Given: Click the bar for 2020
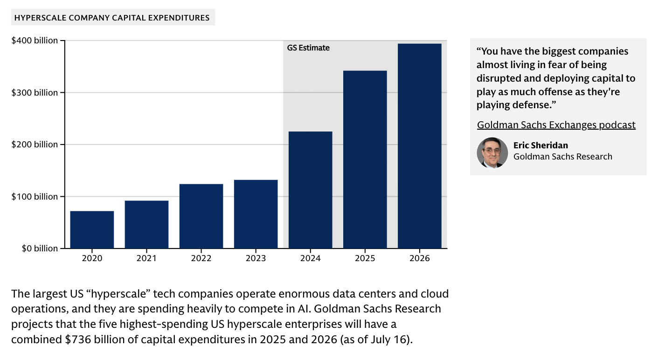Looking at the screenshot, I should pyautogui.click(x=92, y=229).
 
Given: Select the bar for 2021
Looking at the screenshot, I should pyautogui.click(x=146, y=224).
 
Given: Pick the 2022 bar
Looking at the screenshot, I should pyautogui.click(x=201, y=216).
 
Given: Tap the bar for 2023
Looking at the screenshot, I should pyautogui.click(x=256, y=214).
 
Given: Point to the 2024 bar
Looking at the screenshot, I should pyautogui.click(x=310, y=190).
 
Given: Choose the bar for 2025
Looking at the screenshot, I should pyautogui.click(x=365, y=159).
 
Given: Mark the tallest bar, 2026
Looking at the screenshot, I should pyautogui.click(x=419, y=145).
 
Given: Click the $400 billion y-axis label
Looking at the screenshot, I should pyautogui.click(x=35, y=41).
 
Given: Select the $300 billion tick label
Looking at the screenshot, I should pyautogui.click(x=35, y=93).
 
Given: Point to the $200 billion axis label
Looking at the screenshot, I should pyautogui.click(x=35, y=145).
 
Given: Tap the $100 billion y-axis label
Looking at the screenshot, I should pyautogui.click(x=35, y=197).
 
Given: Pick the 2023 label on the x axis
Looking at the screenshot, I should pyautogui.click(x=256, y=258).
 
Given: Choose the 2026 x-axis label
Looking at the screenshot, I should pyautogui.click(x=419, y=258).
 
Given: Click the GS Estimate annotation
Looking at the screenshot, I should pyautogui.click(x=308, y=48).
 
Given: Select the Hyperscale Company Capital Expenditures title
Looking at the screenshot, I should pyautogui.click(x=112, y=18).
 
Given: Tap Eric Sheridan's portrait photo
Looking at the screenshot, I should pyautogui.click(x=492, y=152).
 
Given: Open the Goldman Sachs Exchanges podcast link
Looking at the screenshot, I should pyautogui.click(x=556, y=125).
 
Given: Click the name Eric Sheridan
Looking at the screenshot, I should pyautogui.click(x=540, y=145).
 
